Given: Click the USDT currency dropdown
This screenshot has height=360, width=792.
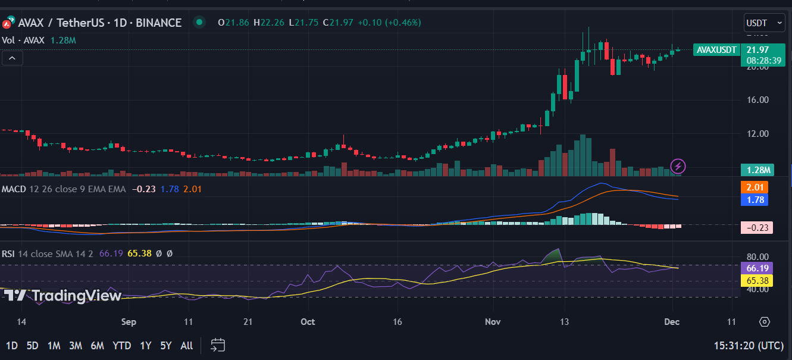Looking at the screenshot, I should pos(764,23).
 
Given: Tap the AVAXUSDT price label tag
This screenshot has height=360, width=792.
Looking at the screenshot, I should pos(716,50).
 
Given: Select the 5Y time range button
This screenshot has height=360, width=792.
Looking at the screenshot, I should pos(165,345).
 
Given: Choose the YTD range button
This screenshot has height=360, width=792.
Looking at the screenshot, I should pos(122,345).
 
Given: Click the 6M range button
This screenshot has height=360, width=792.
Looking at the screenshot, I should pos(98,345).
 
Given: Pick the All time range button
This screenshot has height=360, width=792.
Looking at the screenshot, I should pos(186,345).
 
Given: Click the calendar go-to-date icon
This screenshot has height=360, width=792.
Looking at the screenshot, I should pos(218,345).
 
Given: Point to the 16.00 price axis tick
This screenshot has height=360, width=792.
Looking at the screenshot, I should pos(757,100).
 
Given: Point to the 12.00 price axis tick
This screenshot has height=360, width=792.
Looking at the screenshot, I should pos(757,133).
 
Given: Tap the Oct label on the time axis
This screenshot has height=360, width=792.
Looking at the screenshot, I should pos(308,322).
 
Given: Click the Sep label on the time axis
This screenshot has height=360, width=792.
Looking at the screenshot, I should pos(129,322).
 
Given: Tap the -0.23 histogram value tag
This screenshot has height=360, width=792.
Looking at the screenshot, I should pos(756,227).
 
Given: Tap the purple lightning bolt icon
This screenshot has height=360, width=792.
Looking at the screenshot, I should pos(678,166).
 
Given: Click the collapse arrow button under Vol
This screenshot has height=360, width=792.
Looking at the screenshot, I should pos(12,58).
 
